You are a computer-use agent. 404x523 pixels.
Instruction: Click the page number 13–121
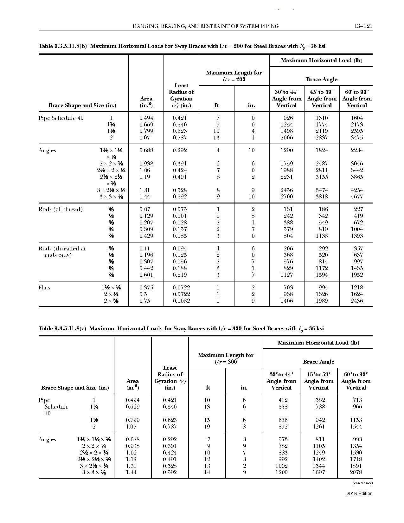coord(362,26)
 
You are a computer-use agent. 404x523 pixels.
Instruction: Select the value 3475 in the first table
coord(356,138)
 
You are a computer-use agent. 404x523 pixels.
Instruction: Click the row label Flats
coord(44,288)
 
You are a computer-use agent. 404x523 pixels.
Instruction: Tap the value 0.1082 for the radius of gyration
coord(181,301)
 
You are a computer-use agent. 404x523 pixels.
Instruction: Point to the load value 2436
coord(356,301)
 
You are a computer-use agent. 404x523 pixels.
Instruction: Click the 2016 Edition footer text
coord(359,494)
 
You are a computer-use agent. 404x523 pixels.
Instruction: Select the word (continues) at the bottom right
coord(362,483)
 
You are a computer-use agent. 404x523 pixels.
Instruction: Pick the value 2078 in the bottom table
coord(356,472)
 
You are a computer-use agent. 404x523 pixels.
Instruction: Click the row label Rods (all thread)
coord(61,209)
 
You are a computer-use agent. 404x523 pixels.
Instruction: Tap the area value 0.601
coord(146,275)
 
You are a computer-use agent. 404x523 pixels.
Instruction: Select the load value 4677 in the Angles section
coord(356,197)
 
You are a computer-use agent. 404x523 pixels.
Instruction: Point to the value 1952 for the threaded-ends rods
coord(356,275)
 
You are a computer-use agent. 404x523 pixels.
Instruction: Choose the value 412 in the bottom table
coord(283,400)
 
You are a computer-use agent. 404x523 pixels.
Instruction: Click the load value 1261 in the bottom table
coord(318,427)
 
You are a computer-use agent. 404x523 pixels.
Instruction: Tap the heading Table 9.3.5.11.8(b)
coord(63,46)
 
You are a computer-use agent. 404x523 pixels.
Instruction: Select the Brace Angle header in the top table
coord(321,79)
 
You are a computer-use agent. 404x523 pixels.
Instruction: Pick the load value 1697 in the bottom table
coord(318,472)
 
